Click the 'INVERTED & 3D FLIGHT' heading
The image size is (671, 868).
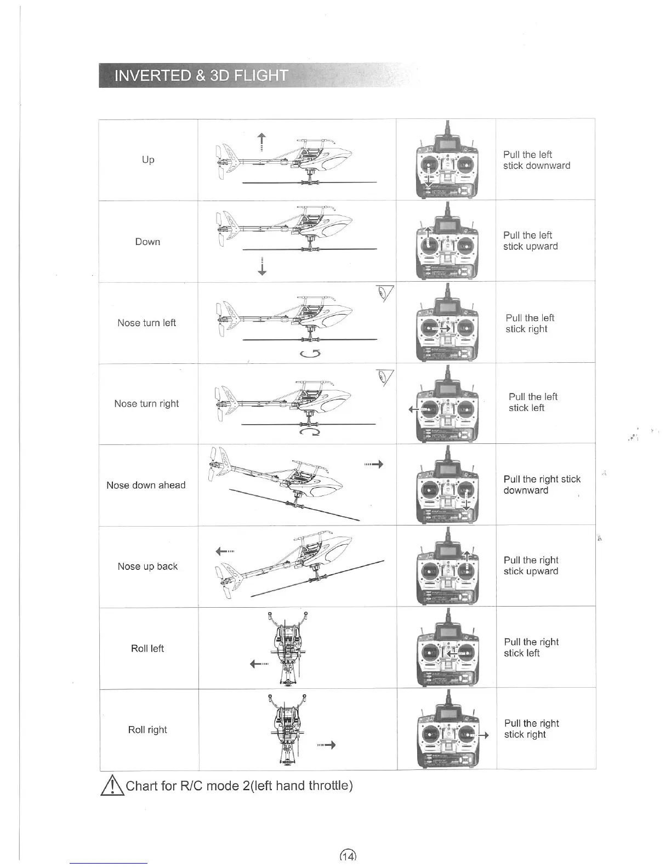click(x=201, y=76)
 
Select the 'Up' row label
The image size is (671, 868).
click(x=148, y=159)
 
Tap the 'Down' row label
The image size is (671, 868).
click(x=148, y=242)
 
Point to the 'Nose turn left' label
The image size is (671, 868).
click(x=146, y=323)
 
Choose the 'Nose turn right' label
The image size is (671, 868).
click(x=146, y=404)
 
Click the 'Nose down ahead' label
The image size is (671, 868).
click(x=146, y=485)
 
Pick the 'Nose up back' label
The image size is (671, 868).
click(x=147, y=567)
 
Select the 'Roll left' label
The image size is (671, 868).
click(x=147, y=648)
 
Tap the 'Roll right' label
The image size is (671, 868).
click(x=147, y=730)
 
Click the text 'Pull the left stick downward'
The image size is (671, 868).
click(x=536, y=160)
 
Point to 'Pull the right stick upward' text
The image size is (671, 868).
click(x=531, y=566)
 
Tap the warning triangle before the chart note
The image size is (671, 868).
click(x=111, y=786)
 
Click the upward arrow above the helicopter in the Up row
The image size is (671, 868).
click(x=262, y=141)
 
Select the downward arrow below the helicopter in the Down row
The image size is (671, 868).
click(x=262, y=266)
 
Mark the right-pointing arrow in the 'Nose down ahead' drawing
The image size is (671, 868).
click(x=374, y=465)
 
